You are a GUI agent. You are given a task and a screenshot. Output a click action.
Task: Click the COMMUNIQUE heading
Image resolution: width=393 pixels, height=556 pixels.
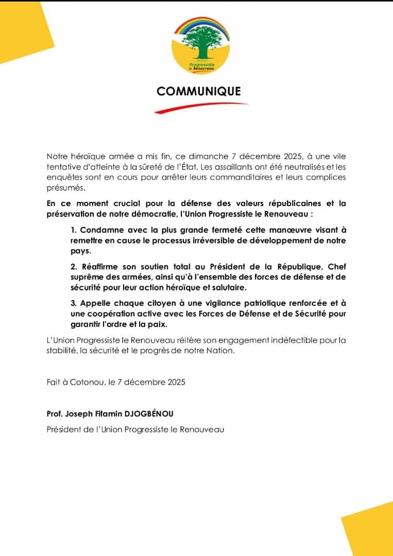point(198,91)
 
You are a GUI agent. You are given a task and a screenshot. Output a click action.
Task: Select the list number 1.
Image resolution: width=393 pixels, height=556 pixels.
point(74,230)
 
